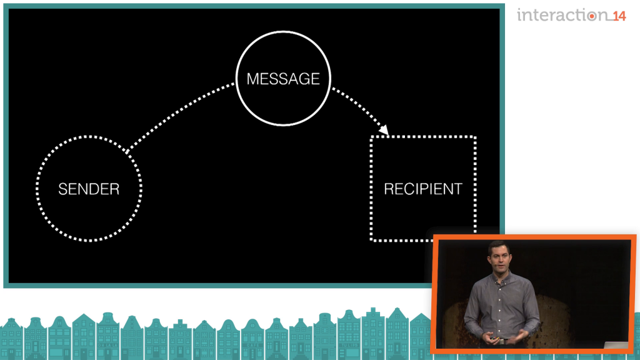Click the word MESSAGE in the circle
[283, 79]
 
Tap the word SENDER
[89, 189]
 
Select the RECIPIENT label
[423, 189]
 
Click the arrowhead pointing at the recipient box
[384, 130]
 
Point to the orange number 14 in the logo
[619, 16]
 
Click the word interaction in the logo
[562, 15]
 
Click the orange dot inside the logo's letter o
[591, 16]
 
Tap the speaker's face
[499, 259]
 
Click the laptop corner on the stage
[617, 345]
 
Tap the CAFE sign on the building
[252, 345]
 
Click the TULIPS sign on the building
[349, 345]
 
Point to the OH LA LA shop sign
[107, 345]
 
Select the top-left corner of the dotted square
[371, 137]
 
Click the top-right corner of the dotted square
[475, 137]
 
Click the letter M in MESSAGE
[252, 79]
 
